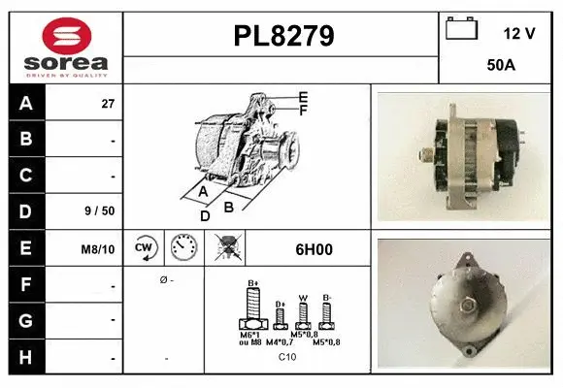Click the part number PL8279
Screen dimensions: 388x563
[x=283, y=36]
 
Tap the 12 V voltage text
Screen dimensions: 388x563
[x=519, y=33]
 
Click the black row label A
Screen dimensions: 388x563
[x=26, y=103]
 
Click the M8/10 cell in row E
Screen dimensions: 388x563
[x=99, y=249]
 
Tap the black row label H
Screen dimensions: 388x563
[x=26, y=357]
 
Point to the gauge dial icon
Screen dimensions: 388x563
[x=183, y=249]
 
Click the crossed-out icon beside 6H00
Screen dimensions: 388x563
[x=229, y=249]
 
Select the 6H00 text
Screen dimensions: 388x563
[x=314, y=249]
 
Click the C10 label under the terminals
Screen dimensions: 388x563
[x=287, y=357]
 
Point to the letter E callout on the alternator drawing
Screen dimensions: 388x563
[x=303, y=97]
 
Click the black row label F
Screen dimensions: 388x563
[x=26, y=285]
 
